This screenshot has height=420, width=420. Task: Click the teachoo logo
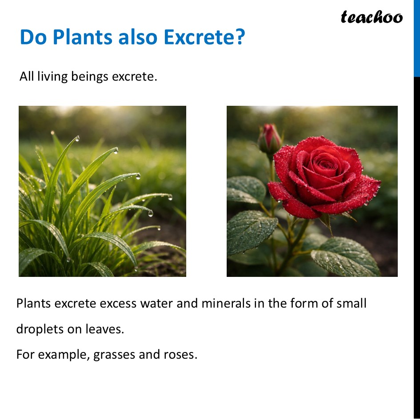click(x=372, y=17)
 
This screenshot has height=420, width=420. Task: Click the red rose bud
click(x=270, y=138)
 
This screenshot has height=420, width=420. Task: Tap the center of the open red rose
click(x=326, y=167)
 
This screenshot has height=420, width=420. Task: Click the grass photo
click(x=102, y=191)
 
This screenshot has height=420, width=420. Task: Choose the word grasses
click(x=116, y=355)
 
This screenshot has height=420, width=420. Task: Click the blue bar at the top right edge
click(x=416, y=38)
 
